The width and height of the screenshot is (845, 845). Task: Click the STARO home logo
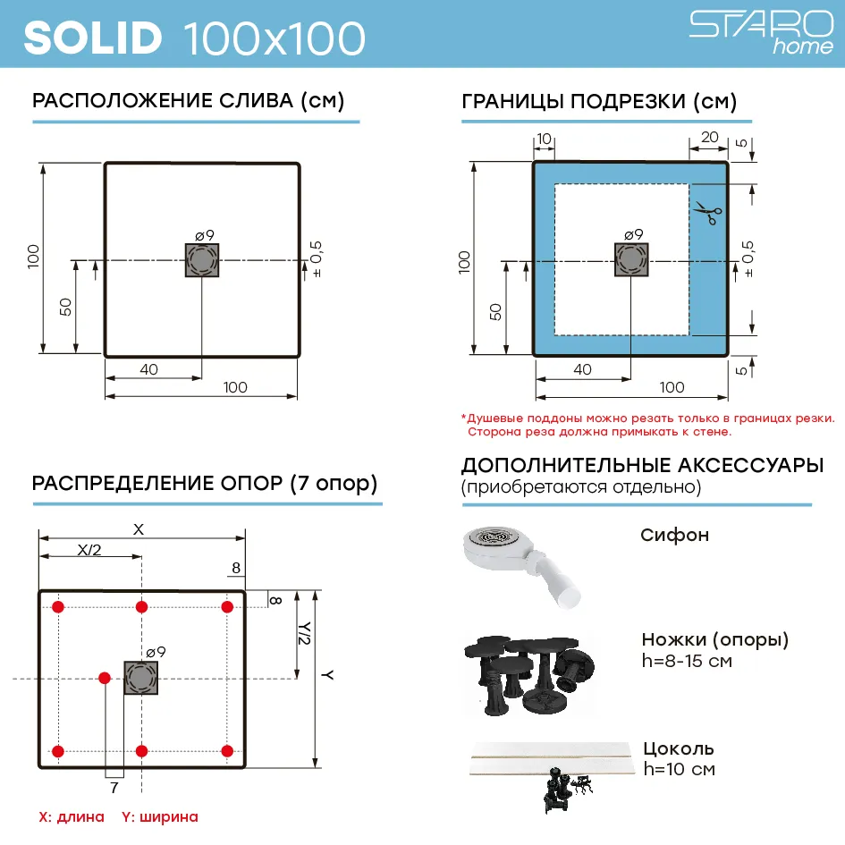pos(761,32)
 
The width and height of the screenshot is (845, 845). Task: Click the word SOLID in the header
pos(93,38)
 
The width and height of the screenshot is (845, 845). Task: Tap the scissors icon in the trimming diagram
pos(707,213)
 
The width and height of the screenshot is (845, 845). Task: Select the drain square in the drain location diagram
pos(202,260)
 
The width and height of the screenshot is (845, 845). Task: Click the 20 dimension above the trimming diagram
pos(709,137)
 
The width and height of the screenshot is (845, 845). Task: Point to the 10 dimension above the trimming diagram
pos(545,139)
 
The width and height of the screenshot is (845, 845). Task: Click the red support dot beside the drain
pos(105,678)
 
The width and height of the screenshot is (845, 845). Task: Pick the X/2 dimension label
pos(89,550)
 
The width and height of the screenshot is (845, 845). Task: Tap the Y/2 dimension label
pos(305,633)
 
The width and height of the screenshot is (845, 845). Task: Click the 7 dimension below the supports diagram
pos(114,788)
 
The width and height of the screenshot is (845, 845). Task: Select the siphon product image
pos(521,566)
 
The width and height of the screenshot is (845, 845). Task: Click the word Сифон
pos(674,535)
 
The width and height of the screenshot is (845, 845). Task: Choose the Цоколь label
pos(679,749)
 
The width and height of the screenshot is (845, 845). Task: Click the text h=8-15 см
pos(687,661)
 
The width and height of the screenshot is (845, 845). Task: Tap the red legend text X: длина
pos(72,817)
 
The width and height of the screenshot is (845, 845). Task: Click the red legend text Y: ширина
pos(160,817)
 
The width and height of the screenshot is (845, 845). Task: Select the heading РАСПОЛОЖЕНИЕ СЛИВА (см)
pos(188,101)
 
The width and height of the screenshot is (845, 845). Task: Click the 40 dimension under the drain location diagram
pos(148,369)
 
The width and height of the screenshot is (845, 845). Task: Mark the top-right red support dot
pos(227,607)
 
